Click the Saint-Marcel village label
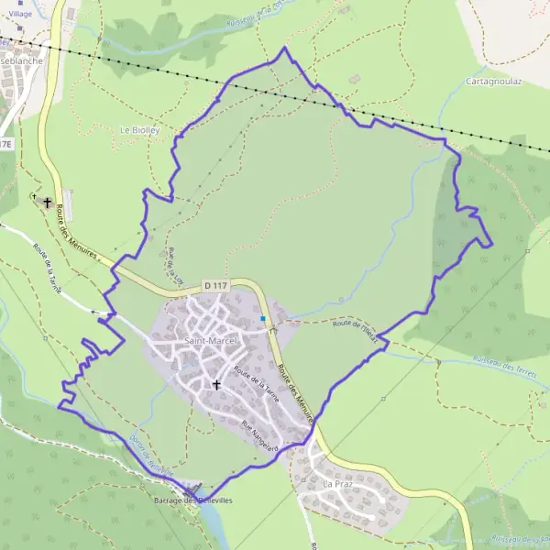pyautogui.click(x=211, y=341)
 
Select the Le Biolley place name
pyautogui.click(x=140, y=130)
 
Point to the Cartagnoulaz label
pyautogui.click(x=494, y=81)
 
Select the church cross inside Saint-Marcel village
pyautogui.click(x=216, y=385)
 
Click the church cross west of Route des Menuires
pyautogui.click(x=47, y=201)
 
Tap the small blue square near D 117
pyautogui.click(x=263, y=319)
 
